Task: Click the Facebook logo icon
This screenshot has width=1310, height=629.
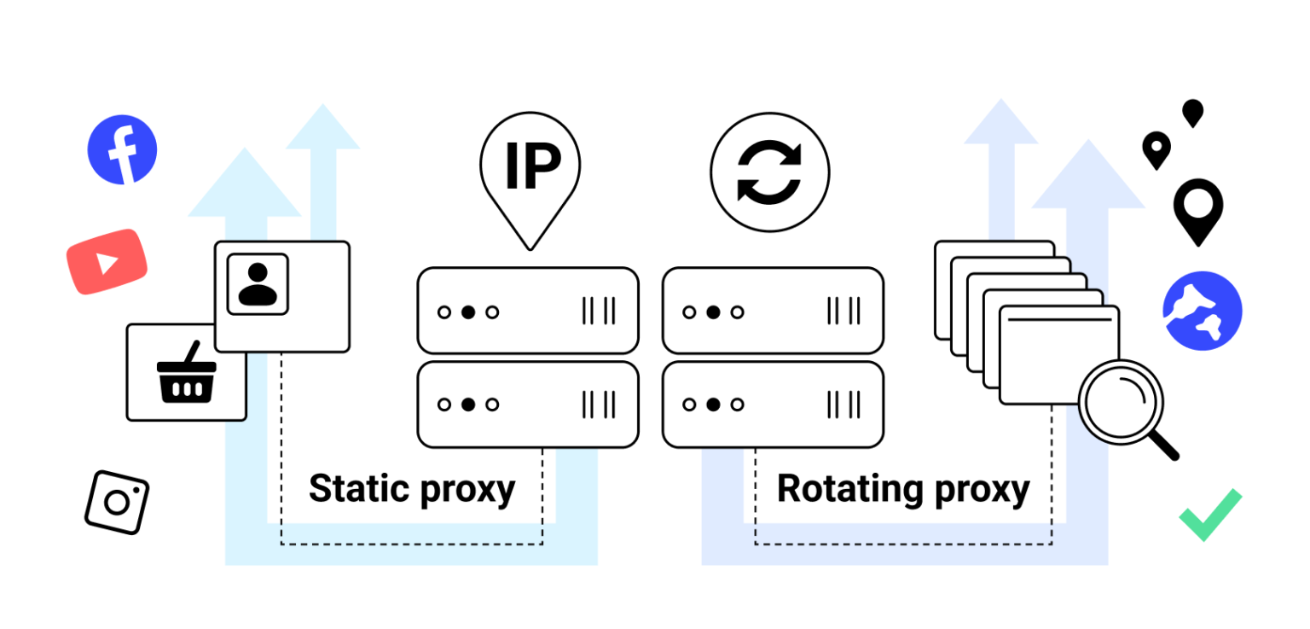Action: [122, 149]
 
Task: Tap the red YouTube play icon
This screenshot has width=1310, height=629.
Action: [107, 262]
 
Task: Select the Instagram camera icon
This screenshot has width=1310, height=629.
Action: [117, 502]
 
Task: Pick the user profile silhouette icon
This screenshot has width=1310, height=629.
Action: [258, 284]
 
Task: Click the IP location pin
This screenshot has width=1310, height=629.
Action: [530, 171]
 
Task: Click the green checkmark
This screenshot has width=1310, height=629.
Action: [1209, 515]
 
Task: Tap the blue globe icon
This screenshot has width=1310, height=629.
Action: [1202, 311]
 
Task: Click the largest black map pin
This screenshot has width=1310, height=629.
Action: [1197, 208]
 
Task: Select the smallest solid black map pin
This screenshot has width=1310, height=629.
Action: [1192, 111]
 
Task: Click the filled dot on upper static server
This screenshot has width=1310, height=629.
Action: [467, 312]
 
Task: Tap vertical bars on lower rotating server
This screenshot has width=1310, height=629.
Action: [843, 404]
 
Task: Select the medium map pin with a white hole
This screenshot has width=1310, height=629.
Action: [1156, 149]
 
